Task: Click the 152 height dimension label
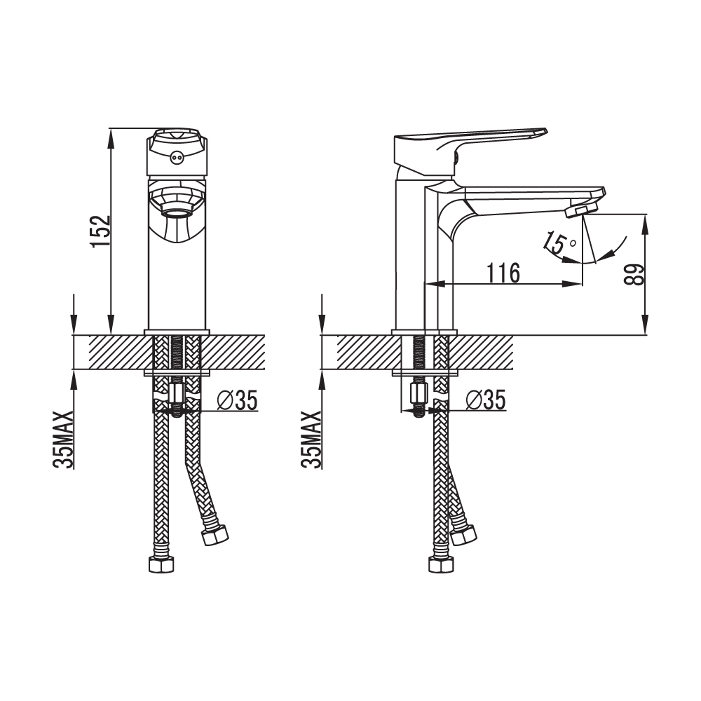[x=100, y=231]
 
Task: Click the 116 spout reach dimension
[x=503, y=273]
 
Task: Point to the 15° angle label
[x=559, y=244]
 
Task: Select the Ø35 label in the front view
[x=237, y=400]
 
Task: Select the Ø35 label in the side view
[x=486, y=400]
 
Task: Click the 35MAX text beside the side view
[x=311, y=440]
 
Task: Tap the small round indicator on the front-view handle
[x=177, y=157]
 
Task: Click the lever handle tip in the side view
[x=544, y=130]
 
